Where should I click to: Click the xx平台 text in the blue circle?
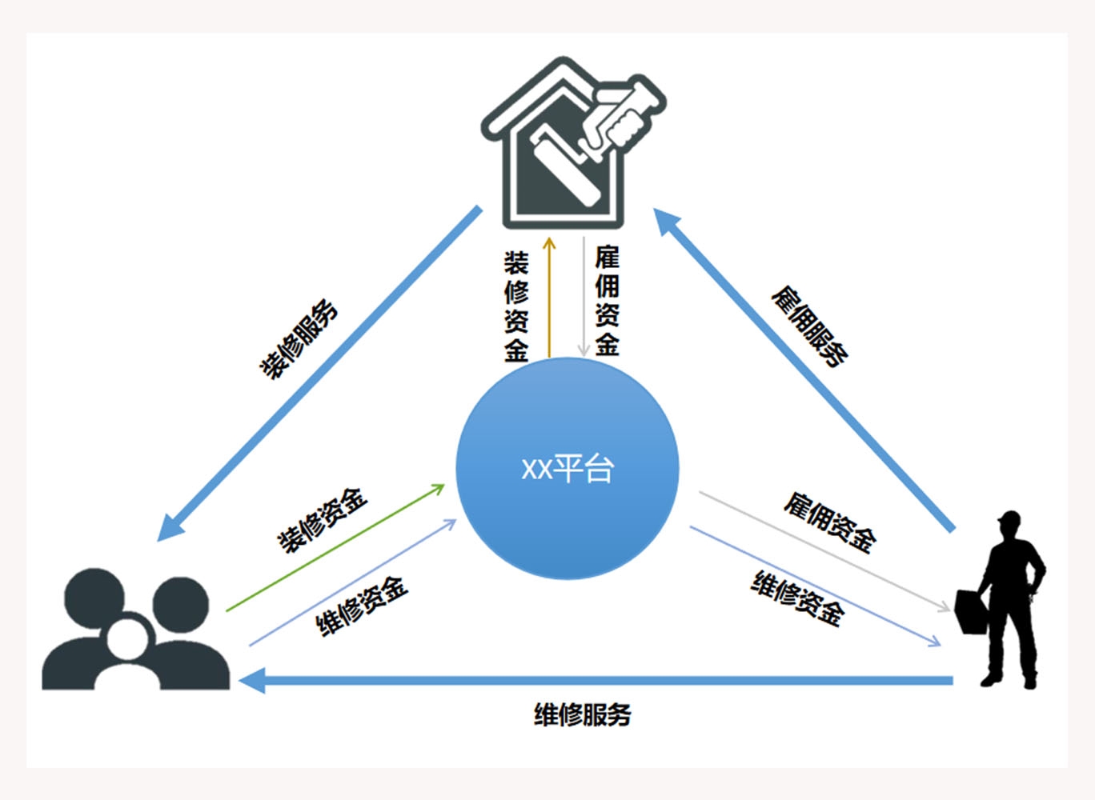tap(567, 468)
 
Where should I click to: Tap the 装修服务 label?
tap(299, 339)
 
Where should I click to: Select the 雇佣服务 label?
tap(809, 326)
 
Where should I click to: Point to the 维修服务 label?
tap(582, 714)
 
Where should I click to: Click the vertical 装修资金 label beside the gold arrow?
tap(516, 306)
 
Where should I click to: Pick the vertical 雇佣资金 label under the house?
tap(607, 301)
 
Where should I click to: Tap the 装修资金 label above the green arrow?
tap(322, 520)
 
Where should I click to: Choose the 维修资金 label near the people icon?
tap(362, 605)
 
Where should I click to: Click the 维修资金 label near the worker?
tap(797, 598)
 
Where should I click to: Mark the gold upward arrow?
tap(549, 296)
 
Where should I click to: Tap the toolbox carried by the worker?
tap(971, 612)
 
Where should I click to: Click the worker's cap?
tap(1009, 518)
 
